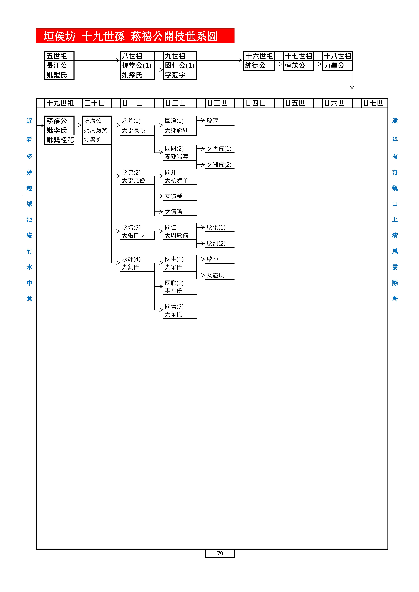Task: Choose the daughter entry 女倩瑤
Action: tap(174, 212)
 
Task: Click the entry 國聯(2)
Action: tap(174, 283)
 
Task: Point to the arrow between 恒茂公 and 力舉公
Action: tap(318, 64)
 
